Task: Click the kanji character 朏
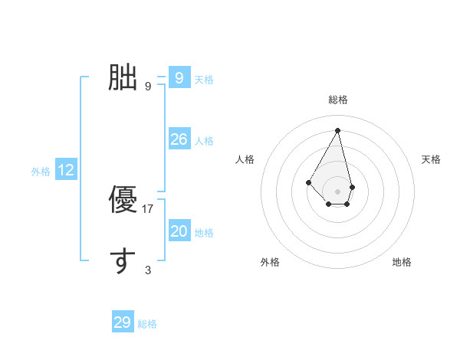[122, 77]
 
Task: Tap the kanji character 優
[122, 200]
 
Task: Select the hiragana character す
[122, 260]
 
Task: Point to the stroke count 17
[149, 208]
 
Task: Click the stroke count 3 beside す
[148, 270]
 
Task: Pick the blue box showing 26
[179, 139]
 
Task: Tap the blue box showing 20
[179, 231]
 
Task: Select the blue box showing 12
[66, 170]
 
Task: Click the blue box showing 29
[123, 322]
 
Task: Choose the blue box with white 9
[179, 77]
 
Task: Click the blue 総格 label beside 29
[147, 324]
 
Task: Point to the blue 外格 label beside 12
[41, 172]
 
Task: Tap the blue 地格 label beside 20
[204, 233]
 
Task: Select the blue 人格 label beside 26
[204, 141]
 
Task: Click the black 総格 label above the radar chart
[338, 100]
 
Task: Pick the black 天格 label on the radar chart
[432, 159]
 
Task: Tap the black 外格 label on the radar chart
[269, 262]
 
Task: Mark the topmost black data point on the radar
[337, 130]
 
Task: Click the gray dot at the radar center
[337, 191]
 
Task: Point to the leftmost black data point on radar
[309, 182]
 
